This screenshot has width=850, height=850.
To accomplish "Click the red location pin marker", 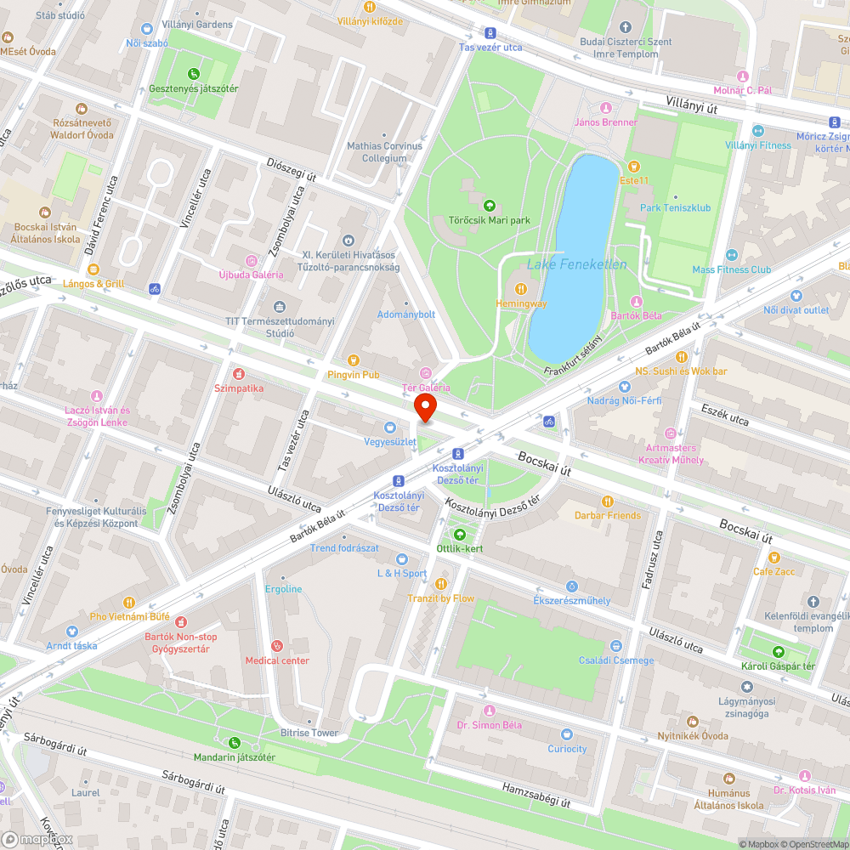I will point(425,408).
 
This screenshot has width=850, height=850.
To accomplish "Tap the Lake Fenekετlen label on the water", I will point(576,264).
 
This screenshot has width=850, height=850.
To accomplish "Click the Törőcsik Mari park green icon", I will point(489,206).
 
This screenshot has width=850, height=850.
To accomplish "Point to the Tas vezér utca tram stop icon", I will point(490,33).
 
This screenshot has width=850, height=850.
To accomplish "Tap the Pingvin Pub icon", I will point(353,360).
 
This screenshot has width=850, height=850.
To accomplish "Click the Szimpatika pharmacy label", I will point(238,388).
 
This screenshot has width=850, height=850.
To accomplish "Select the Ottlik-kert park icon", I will point(459,534).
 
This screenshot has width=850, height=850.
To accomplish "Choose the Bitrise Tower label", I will point(309,733).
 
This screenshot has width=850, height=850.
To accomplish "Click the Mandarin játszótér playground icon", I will point(234,743).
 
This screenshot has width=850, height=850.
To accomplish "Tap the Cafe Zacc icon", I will point(773,558).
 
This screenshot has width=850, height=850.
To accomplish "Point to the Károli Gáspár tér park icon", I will point(778,651).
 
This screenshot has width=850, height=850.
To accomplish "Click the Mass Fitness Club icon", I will point(731,256).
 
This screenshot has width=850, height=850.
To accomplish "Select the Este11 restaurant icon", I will point(632,166).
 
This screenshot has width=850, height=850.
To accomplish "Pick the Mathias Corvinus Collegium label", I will point(384,152).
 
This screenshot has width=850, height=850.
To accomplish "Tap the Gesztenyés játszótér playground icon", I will point(193,74).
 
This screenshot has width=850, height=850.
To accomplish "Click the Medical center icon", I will point(277,646).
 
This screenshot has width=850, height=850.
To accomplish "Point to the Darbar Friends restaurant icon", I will point(607,501).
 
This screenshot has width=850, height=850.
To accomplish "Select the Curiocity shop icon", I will point(567,734).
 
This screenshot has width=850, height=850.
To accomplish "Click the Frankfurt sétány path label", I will point(573,354).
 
